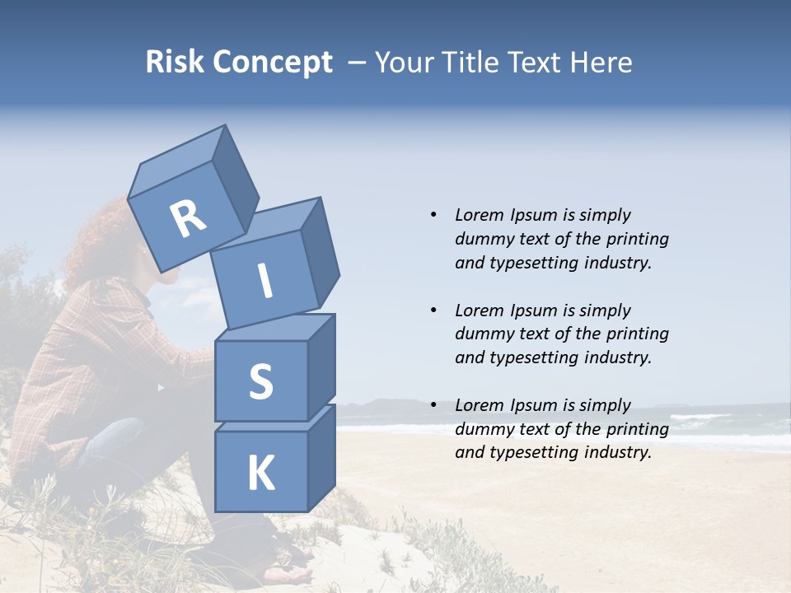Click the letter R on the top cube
point(187,219)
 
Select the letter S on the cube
point(260,381)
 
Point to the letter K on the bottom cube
point(260,474)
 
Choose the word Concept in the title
point(271,63)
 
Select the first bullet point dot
point(433,215)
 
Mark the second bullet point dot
point(433,311)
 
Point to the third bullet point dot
point(433,405)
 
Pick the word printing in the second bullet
point(637,334)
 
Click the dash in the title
point(357,63)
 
